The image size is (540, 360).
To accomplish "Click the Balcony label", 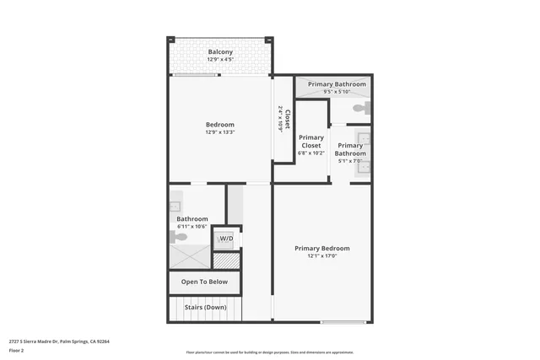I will pyautogui.click(x=220, y=52).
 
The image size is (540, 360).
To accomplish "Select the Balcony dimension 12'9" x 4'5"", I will pyautogui.click(x=220, y=59).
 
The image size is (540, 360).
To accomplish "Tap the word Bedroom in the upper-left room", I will pyautogui.click(x=219, y=125).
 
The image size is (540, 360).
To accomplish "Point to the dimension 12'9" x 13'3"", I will pyautogui.click(x=219, y=132).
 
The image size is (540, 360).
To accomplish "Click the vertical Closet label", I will pyautogui.click(x=288, y=118).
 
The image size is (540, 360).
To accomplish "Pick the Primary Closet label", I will pyautogui.click(x=310, y=142).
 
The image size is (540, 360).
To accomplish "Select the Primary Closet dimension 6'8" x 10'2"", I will pyautogui.click(x=310, y=153).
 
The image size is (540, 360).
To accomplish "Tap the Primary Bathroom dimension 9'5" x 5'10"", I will pyautogui.click(x=337, y=92).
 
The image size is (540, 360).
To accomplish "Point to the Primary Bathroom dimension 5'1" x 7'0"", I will pyautogui.click(x=350, y=161).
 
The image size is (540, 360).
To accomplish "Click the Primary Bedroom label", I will pyautogui.click(x=321, y=248).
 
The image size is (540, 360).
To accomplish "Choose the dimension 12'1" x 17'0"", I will pyautogui.click(x=321, y=256).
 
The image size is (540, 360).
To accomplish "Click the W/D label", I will pyautogui.click(x=226, y=239).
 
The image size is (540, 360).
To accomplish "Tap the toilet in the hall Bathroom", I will pyautogui.click(x=175, y=237).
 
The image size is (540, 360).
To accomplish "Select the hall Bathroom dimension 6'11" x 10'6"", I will pyautogui.click(x=192, y=227).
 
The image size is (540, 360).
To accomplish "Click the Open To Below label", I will pyautogui.click(x=205, y=282).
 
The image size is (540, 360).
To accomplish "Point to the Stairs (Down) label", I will pyautogui.click(x=205, y=307).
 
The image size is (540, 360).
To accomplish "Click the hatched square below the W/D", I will pyautogui.click(x=226, y=261).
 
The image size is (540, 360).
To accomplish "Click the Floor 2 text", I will pyautogui.click(x=17, y=350).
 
